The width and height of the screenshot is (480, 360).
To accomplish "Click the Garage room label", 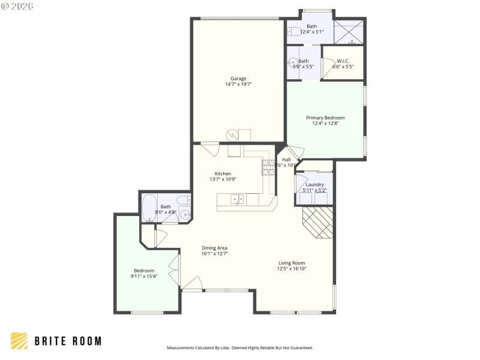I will point(238,78).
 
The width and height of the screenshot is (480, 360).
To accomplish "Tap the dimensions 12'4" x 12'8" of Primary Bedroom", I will point(325,124).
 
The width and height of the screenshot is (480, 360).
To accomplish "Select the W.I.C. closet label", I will point(343,61).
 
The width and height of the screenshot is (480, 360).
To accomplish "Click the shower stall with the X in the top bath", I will point(349,32).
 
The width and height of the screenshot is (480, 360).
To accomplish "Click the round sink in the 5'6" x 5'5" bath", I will point(292,62).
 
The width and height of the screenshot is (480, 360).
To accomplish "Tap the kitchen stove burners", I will point(268,167).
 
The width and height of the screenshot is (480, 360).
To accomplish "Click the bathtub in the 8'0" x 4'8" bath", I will point(149,208).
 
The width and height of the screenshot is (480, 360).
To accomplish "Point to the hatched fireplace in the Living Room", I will point(317,223).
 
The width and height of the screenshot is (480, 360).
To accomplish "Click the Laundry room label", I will point(314,184).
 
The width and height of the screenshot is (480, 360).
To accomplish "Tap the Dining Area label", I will point(214,248).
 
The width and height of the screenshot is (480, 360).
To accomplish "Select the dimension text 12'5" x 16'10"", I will point(292,269).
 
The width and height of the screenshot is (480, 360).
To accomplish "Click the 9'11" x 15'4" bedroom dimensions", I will point(144,277).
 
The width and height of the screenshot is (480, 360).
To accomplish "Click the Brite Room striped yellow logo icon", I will point(19,341).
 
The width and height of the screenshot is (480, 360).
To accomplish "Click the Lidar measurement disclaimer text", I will point(239,347).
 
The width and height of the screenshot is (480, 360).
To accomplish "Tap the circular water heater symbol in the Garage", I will point(232,136).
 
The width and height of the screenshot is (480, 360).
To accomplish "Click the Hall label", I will point(286,160).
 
